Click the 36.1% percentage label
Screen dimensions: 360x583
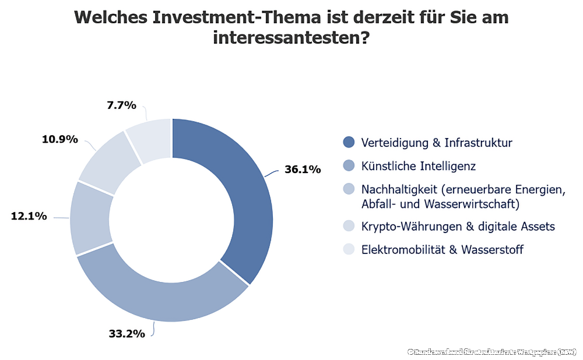(x=303, y=170)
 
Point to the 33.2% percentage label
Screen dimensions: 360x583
(x=127, y=334)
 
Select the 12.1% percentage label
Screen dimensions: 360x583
(x=29, y=216)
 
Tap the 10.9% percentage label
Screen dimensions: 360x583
(x=59, y=139)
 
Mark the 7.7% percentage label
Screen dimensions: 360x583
(x=121, y=105)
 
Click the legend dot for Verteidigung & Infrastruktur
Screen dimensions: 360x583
(x=349, y=142)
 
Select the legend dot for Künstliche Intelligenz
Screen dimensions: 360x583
(x=349, y=167)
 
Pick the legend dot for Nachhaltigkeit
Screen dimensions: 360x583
(x=349, y=190)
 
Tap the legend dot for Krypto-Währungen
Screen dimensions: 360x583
(x=349, y=226)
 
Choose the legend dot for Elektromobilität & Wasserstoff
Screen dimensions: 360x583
(x=349, y=250)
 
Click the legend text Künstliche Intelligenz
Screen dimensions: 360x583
(x=418, y=167)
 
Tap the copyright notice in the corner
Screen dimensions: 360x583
(x=492, y=352)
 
